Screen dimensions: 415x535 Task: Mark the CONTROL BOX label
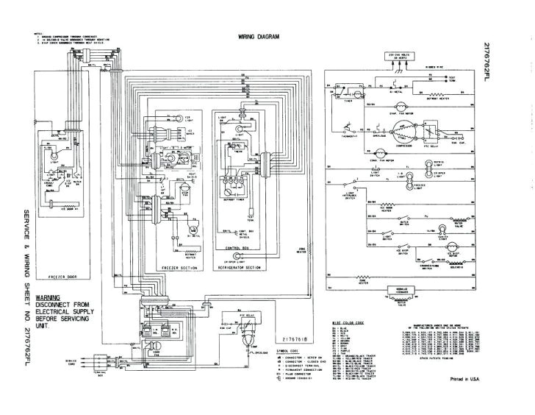click(x=235, y=249)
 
